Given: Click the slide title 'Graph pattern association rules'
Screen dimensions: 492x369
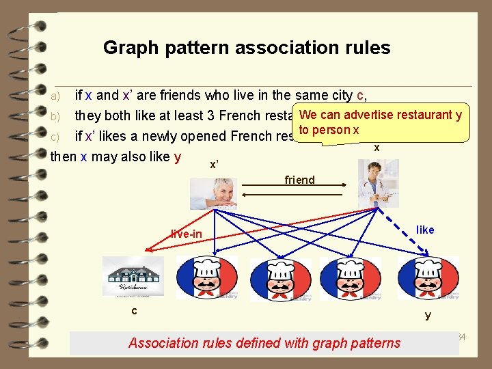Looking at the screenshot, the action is [x=247, y=48].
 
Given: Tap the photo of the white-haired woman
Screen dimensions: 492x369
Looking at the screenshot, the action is [x=213, y=193].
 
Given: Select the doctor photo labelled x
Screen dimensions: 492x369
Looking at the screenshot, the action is [x=378, y=182].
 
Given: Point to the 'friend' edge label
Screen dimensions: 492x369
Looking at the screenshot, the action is [x=299, y=180].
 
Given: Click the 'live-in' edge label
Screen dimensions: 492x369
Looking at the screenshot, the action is [x=187, y=234].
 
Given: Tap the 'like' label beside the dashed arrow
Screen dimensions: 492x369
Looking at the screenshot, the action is [x=425, y=230].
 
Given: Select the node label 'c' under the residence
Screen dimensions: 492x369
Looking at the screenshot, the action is [x=134, y=312].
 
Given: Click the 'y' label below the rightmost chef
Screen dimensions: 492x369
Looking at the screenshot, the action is [x=428, y=315].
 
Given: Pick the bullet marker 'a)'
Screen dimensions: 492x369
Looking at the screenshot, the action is [x=57, y=95].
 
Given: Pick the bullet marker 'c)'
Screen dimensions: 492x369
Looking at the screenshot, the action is [x=57, y=136].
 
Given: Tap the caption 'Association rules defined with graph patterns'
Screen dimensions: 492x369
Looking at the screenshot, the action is [x=264, y=343].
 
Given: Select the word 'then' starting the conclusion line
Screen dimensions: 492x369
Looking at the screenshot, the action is [x=64, y=156].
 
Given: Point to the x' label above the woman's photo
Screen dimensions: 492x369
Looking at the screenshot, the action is [x=214, y=165].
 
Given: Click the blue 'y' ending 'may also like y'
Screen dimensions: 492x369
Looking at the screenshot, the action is [x=178, y=157].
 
